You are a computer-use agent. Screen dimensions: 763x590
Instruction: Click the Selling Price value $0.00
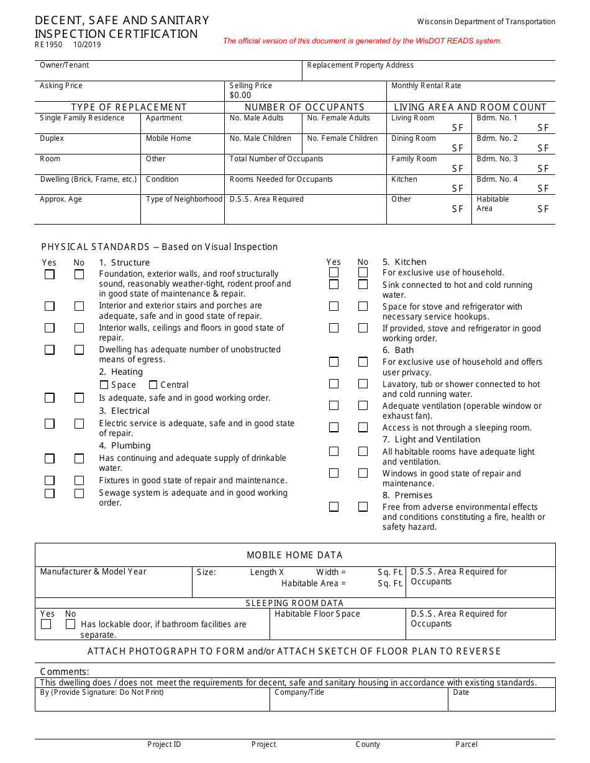(x=240, y=96)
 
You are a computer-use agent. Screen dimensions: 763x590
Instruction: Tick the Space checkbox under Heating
(x=104, y=385)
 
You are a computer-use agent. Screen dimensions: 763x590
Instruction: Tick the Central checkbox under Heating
(x=153, y=385)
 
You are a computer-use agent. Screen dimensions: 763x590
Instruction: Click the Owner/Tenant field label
(x=65, y=65)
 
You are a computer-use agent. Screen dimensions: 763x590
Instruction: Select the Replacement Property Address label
(x=360, y=65)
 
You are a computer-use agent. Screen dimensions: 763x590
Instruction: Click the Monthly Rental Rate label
(x=426, y=86)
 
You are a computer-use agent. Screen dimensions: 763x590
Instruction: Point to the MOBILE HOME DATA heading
(x=294, y=555)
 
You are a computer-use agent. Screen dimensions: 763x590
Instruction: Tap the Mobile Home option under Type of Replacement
(x=168, y=138)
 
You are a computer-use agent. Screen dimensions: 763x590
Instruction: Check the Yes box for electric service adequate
(x=50, y=424)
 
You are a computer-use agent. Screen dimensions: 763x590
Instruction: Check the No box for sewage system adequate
(x=79, y=494)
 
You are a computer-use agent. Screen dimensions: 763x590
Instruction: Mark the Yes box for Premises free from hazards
(x=334, y=507)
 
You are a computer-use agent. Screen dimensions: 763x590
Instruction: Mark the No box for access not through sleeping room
(x=363, y=427)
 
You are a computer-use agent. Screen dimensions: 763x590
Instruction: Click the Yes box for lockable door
(x=46, y=624)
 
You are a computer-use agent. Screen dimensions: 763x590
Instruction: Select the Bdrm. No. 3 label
(x=497, y=159)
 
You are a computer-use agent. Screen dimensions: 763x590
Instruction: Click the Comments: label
(x=65, y=672)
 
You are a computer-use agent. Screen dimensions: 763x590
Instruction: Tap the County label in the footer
(x=368, y=744)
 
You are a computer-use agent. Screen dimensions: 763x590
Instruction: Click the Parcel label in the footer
(x=466, y=744)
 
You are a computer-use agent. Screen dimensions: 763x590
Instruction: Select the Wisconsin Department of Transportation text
(x=486, y=22)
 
